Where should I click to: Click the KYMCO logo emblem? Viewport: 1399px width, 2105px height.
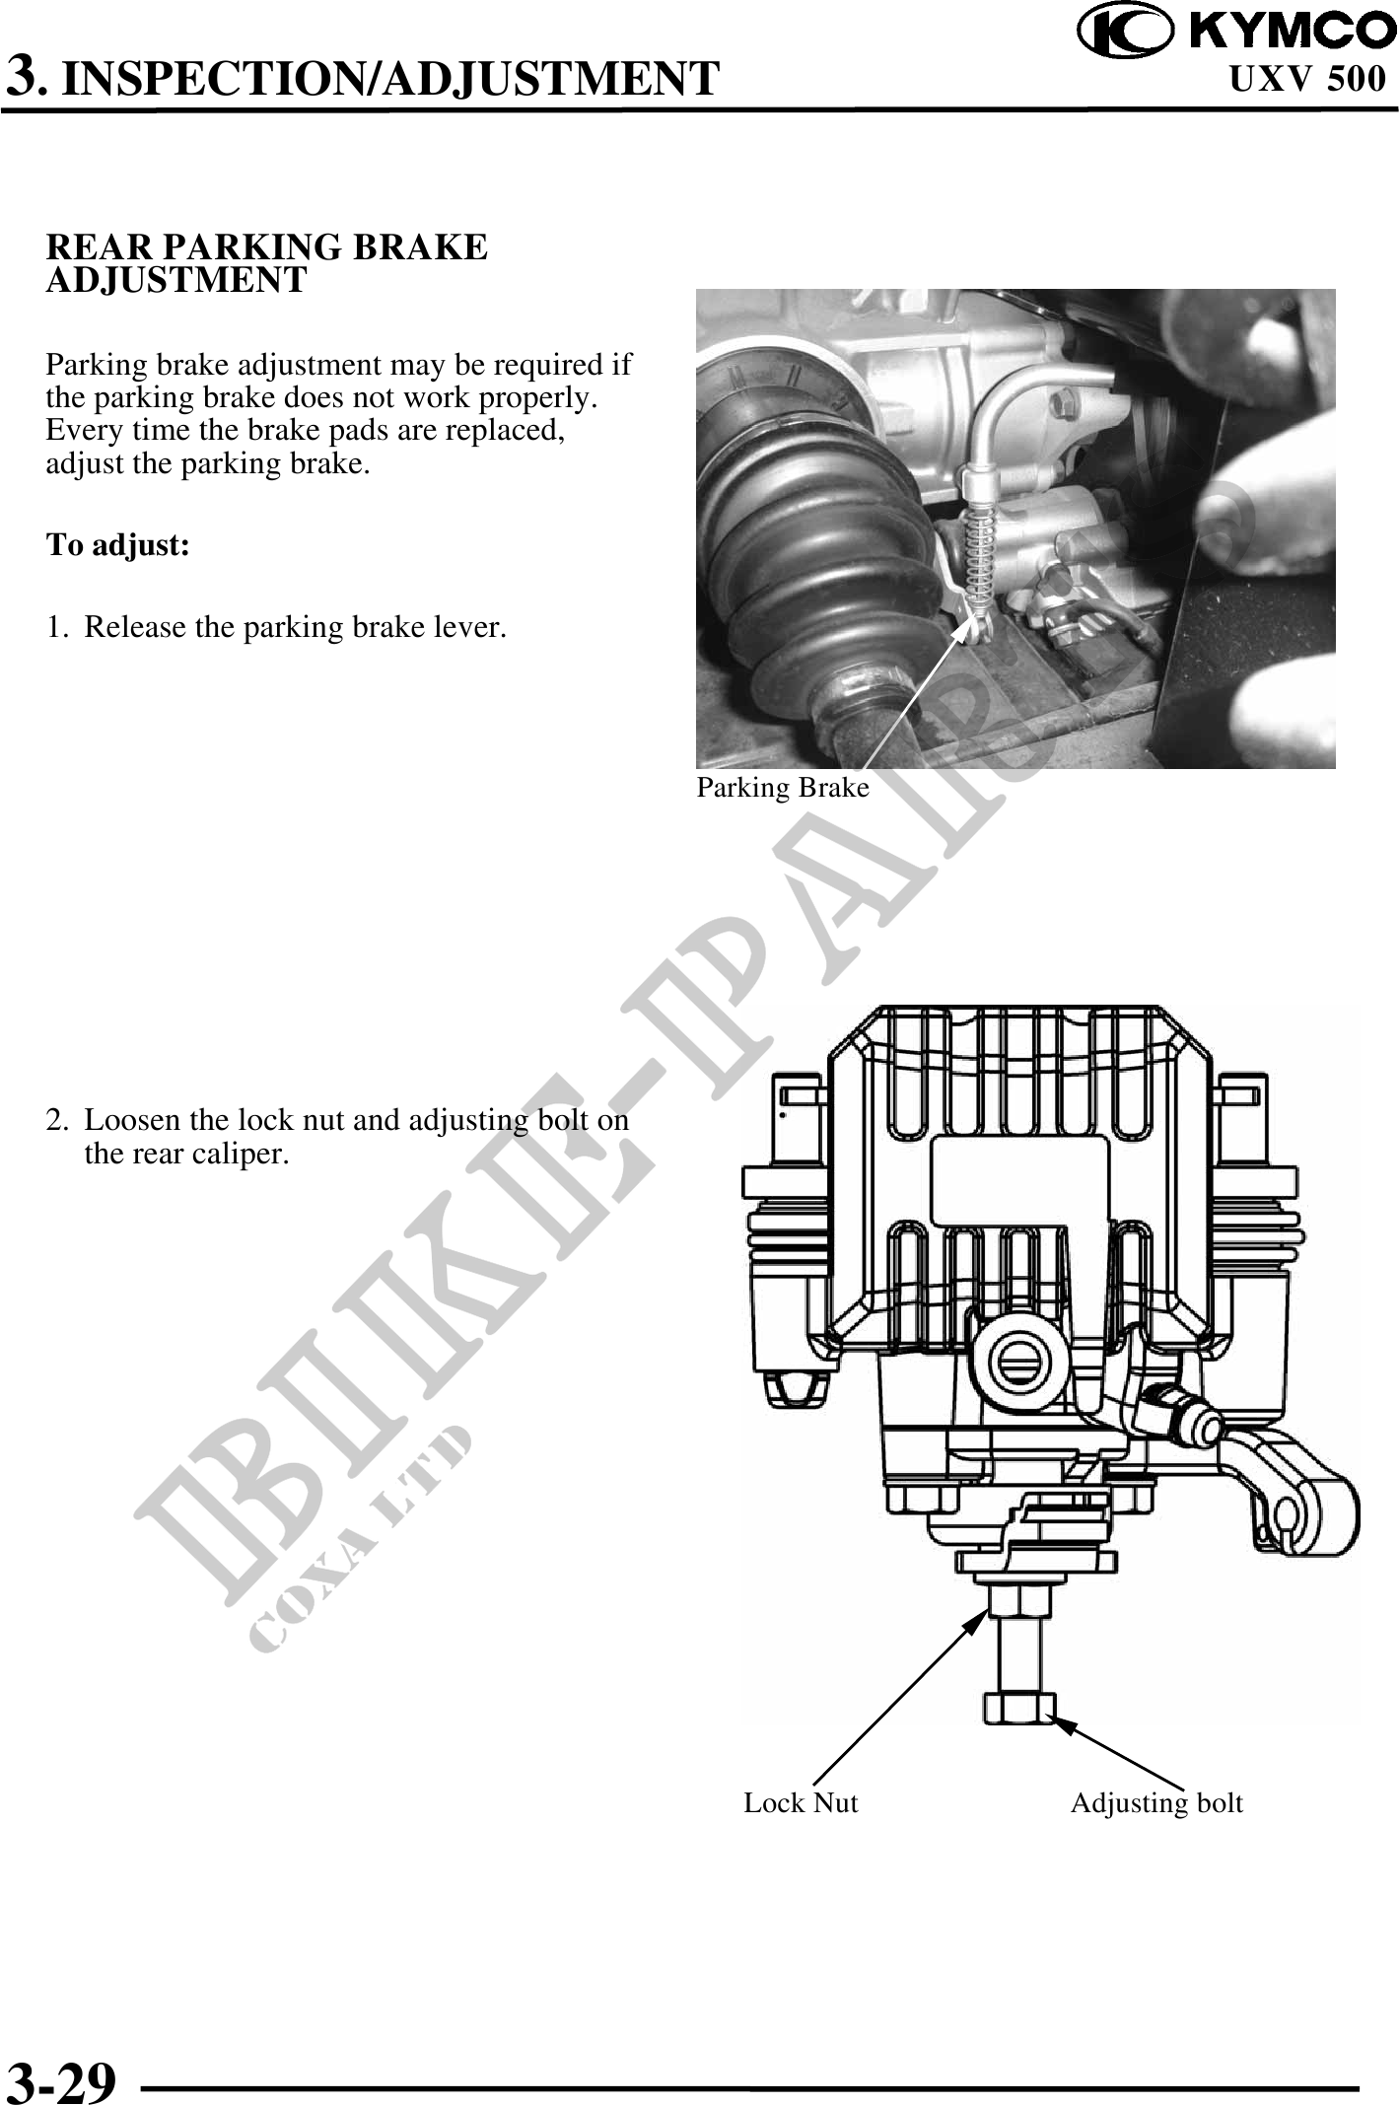pyautogui.click(x=1125, y=32)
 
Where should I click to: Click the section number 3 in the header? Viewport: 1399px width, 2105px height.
pyautogui.click(x=24, y=74)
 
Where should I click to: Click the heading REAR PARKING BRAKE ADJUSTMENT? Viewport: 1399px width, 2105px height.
pyautogui.click(x=267, y=263)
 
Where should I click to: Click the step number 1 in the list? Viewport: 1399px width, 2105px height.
pyautogui.click(x=56, y=627)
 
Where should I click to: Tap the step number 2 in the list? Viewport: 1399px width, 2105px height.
pyautogui.click(x=57, y=1121)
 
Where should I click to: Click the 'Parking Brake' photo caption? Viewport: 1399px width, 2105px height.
pyautogui.click(x=783, y=788)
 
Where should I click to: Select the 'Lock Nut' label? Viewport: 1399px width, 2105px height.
pyautogui.click(x=801, y=1803)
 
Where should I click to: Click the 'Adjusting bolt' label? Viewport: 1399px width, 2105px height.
pyautogui.click(x=1156, y=1803)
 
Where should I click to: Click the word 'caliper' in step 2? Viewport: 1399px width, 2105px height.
pyautogui.click(x=246, y=1154)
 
